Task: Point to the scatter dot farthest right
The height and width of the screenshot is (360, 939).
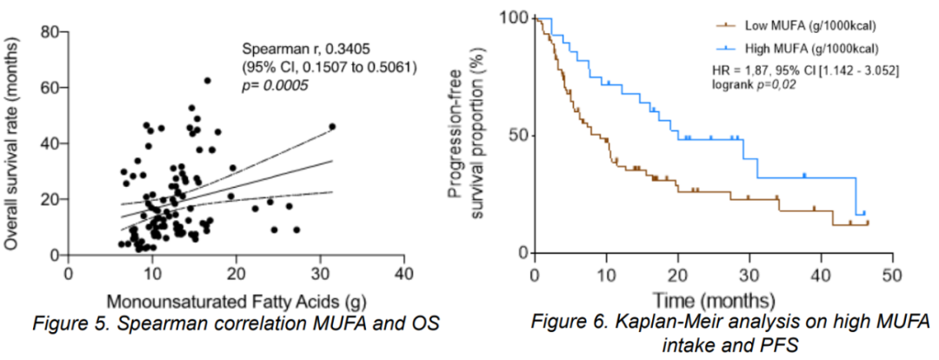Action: pos(331,126)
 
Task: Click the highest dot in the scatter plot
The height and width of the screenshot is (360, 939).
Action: pos(207,80)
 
